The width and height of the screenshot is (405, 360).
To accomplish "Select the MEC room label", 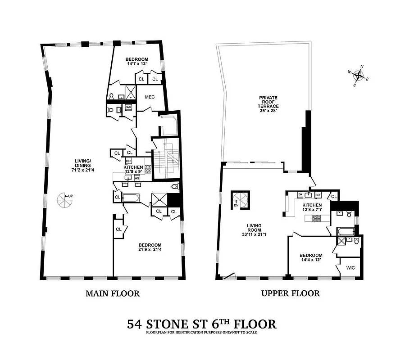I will click(x=150, y=97).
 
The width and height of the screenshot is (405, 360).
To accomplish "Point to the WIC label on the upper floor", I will click(x=350, y=267).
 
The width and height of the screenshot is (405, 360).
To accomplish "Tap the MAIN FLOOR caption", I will click(x=112, y=293).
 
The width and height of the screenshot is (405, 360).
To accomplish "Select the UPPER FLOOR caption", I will click(x=290, y=293).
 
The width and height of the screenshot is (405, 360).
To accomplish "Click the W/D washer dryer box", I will click(x=128, y=107).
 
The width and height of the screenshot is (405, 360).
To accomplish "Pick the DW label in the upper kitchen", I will click(x=300, y=194).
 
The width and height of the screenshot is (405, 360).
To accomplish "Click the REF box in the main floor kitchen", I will click(x=128, y=161).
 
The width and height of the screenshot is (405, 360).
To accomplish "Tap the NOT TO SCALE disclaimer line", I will click(x=202, y=333).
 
